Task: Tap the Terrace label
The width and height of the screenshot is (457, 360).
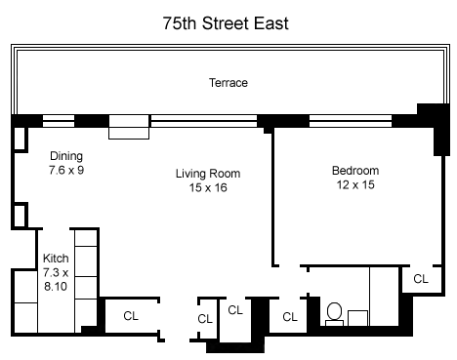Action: tap(228, 83)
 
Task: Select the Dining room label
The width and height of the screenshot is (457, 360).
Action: tap(66, 156)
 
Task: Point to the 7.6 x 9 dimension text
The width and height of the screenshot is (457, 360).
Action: tap(66, 170)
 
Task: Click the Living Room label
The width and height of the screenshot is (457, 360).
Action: tap(208, 174)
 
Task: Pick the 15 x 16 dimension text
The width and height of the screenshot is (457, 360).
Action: tap(208, 187)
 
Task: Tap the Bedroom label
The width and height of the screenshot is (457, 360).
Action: tap(355, 171)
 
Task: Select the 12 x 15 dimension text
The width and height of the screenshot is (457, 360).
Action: tap(355, 184)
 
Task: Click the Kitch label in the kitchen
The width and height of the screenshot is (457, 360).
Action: tap(56, 259)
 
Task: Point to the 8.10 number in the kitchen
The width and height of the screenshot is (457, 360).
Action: tap(56, 287)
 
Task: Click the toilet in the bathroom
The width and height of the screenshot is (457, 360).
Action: tap(334, 314)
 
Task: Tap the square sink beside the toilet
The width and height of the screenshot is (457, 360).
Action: tap(357, 318)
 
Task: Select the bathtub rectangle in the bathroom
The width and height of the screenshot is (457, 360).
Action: tap(384, 297)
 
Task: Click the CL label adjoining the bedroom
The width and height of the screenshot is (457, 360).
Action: tap(421, 279)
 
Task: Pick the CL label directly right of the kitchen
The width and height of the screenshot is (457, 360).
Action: tap(131, 316)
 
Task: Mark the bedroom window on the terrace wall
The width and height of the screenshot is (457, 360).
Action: tap(351, 121)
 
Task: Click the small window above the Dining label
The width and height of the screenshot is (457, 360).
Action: tap(59, 121)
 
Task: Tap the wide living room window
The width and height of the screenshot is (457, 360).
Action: tap(204, 121)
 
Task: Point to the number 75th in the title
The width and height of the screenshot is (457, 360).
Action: tap(180, 23)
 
